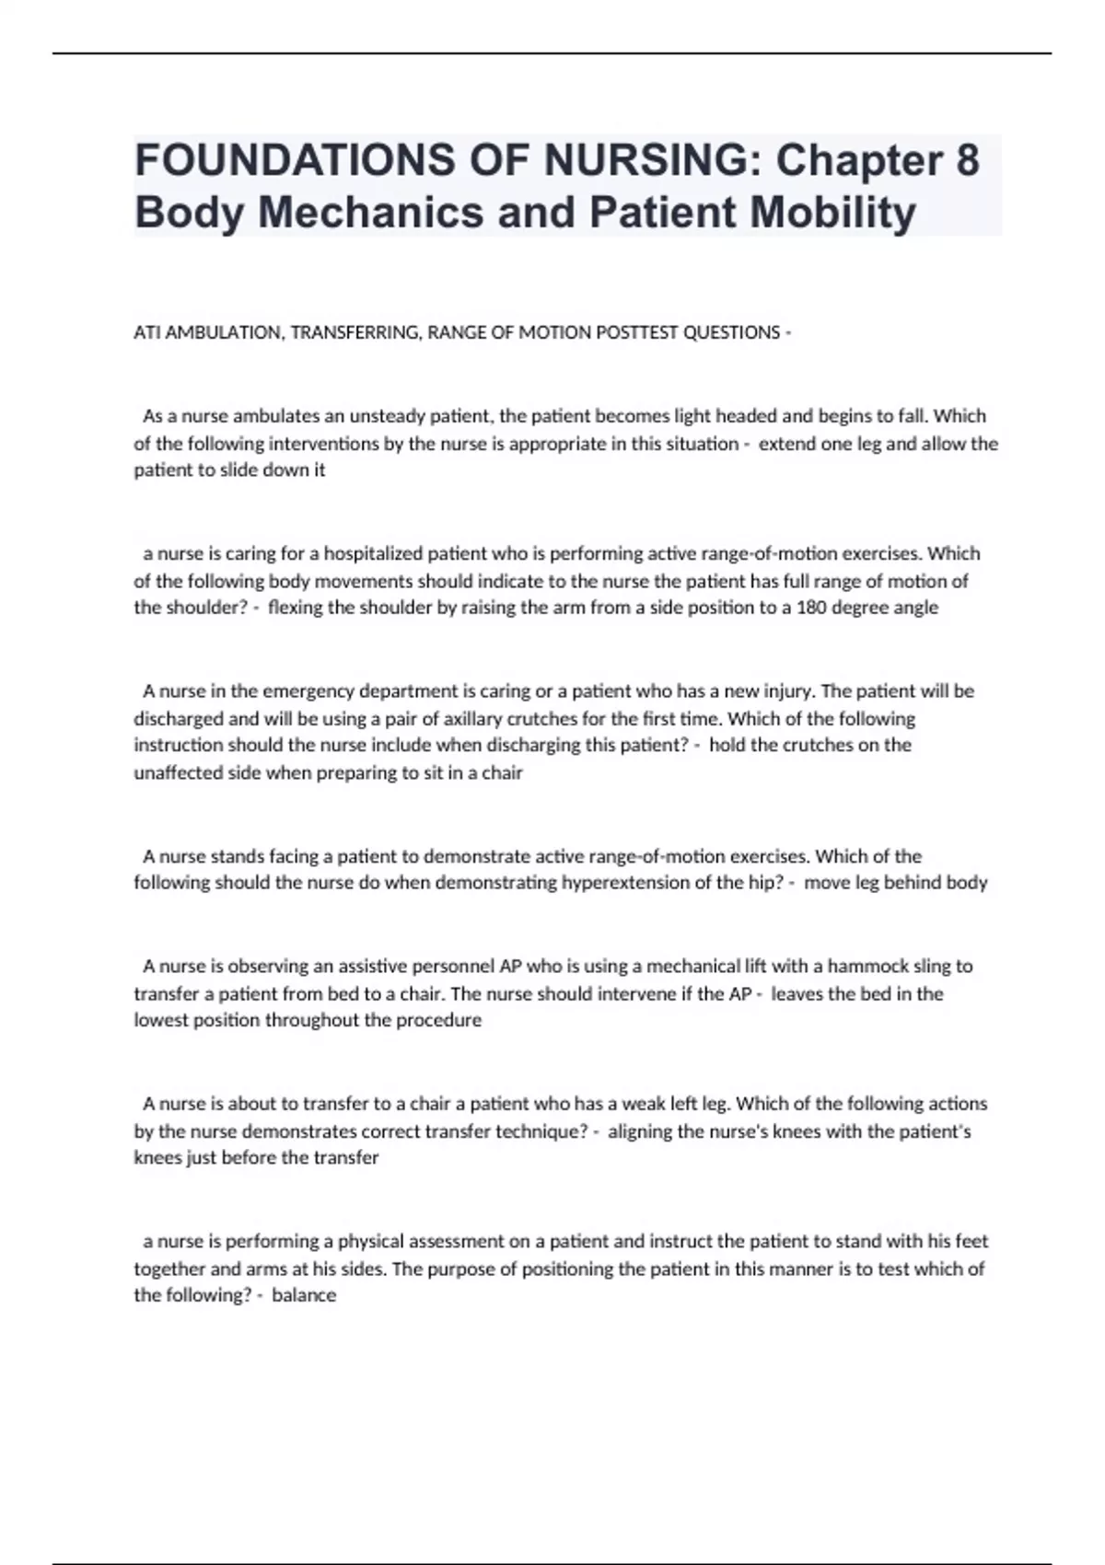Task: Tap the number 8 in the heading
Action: tap(967, 159)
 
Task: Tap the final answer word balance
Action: tap(304, 1295)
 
